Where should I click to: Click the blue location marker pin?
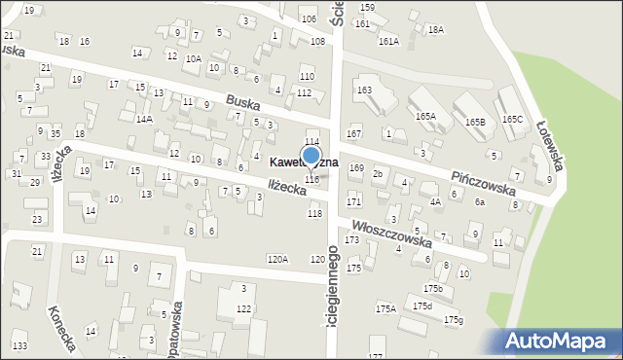pos(311,157)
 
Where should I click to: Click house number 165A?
pos(425,116)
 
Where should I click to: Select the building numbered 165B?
pos(475,122)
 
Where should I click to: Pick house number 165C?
pos(513,119)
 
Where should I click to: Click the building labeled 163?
pos(364,90)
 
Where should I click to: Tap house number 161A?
pos(388,41)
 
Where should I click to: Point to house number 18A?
pos(435,30)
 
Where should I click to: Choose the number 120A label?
pos(278,259)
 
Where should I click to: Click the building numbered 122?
pos(243,308)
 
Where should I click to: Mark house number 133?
pos(19,345)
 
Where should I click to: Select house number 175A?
pos(386,308)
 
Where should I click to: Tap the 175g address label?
pos(454,319)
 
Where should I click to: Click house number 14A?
pos(144,119)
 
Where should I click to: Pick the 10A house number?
pos(194,58)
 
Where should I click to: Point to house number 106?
pos(309,19)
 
